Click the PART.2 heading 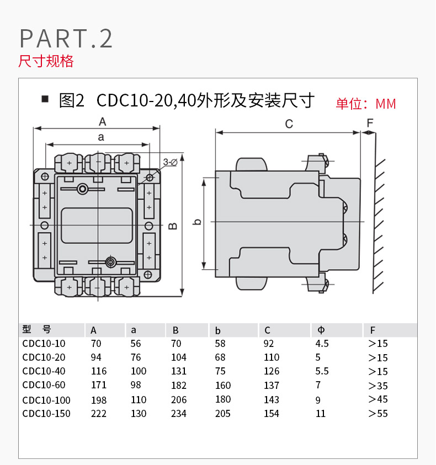pos(66,38)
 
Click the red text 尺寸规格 pos(46,61)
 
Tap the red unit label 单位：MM pos(366,104)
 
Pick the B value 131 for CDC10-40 pos(179,371)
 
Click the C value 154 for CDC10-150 pos(272,414)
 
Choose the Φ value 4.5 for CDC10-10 pos(322,343)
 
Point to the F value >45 pos(378,399)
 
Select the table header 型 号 pos(37,330)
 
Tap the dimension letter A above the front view pos(102,122)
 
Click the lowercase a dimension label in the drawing pos(100,137)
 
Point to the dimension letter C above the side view pos(289,124)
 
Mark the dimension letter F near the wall pos(370,122)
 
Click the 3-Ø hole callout pos(170,162)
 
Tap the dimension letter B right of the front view pos(172,226)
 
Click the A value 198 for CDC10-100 pos(98,399)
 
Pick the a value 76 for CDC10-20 pos(136,357)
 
